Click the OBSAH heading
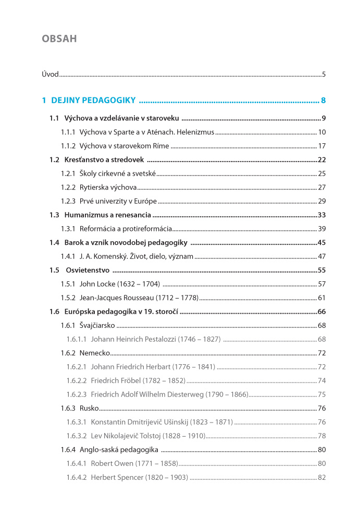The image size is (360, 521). (x=59, y=39)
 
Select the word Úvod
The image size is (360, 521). (x=50, y=74)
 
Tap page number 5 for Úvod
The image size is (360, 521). (x=324, y=74)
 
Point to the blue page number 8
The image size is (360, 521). (x=324, y=101)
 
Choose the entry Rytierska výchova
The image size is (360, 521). (x=108, y=187)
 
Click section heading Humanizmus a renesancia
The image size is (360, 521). (x=108, y=215)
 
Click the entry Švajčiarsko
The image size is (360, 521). (x=97, y=326)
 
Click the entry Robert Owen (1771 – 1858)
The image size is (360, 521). (x=134, y=463)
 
